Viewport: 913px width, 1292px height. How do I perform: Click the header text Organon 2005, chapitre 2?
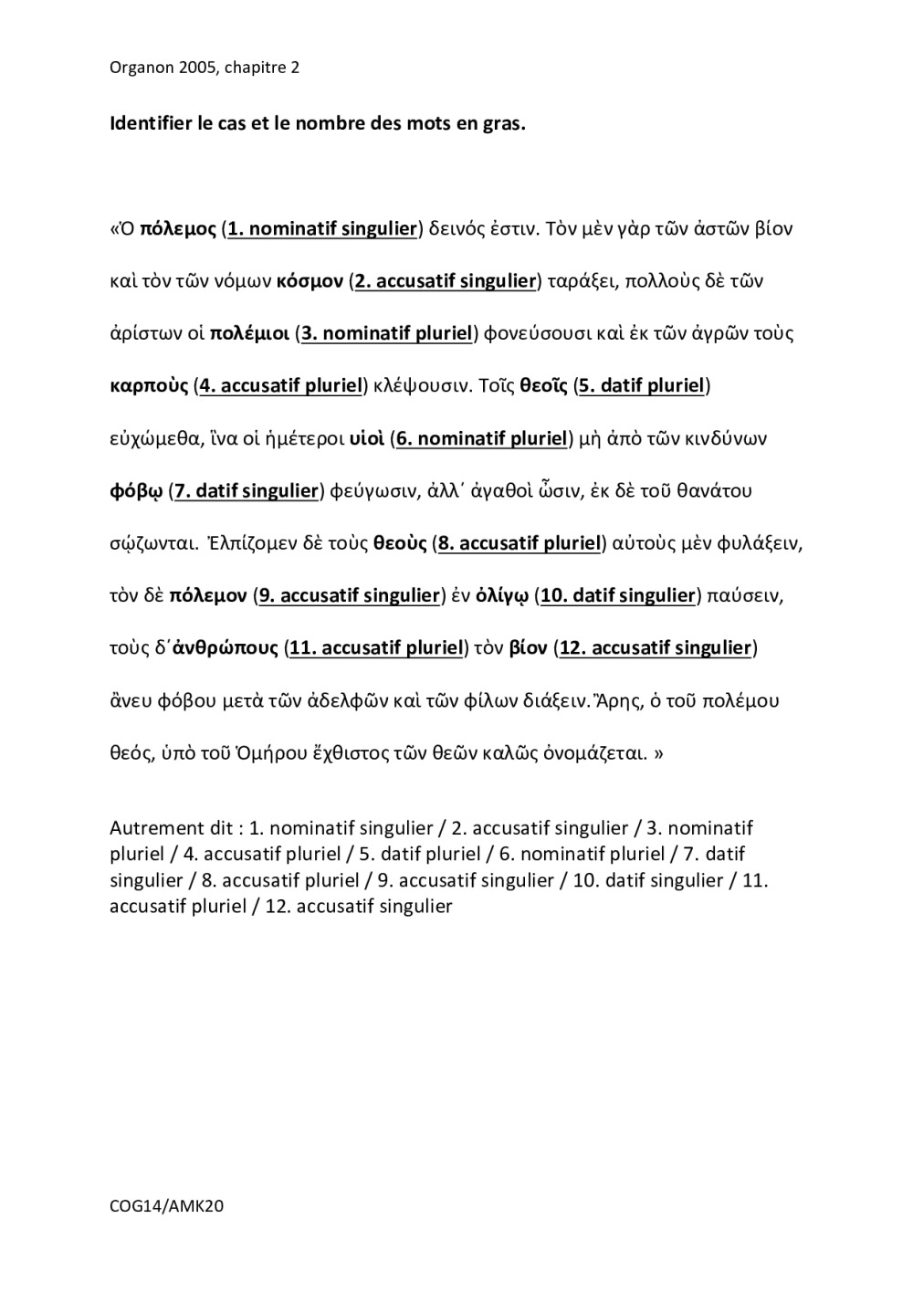[x=204, y=68]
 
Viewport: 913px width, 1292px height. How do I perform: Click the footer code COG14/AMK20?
[x=166, y=1206]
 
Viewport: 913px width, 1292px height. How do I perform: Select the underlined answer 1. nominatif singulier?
[x=322, y=229]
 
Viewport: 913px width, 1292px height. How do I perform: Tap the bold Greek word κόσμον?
[x=310, y=281]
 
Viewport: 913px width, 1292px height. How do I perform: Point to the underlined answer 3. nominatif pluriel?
[x=386, y=333]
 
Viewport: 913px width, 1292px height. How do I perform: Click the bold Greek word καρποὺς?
[x=149, y=386]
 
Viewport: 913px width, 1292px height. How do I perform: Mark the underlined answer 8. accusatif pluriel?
[x=519, y=544]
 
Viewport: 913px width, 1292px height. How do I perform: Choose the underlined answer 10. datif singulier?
[x=618, y=596]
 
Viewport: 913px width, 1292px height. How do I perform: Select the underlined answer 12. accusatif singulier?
[x=655, y=649]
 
